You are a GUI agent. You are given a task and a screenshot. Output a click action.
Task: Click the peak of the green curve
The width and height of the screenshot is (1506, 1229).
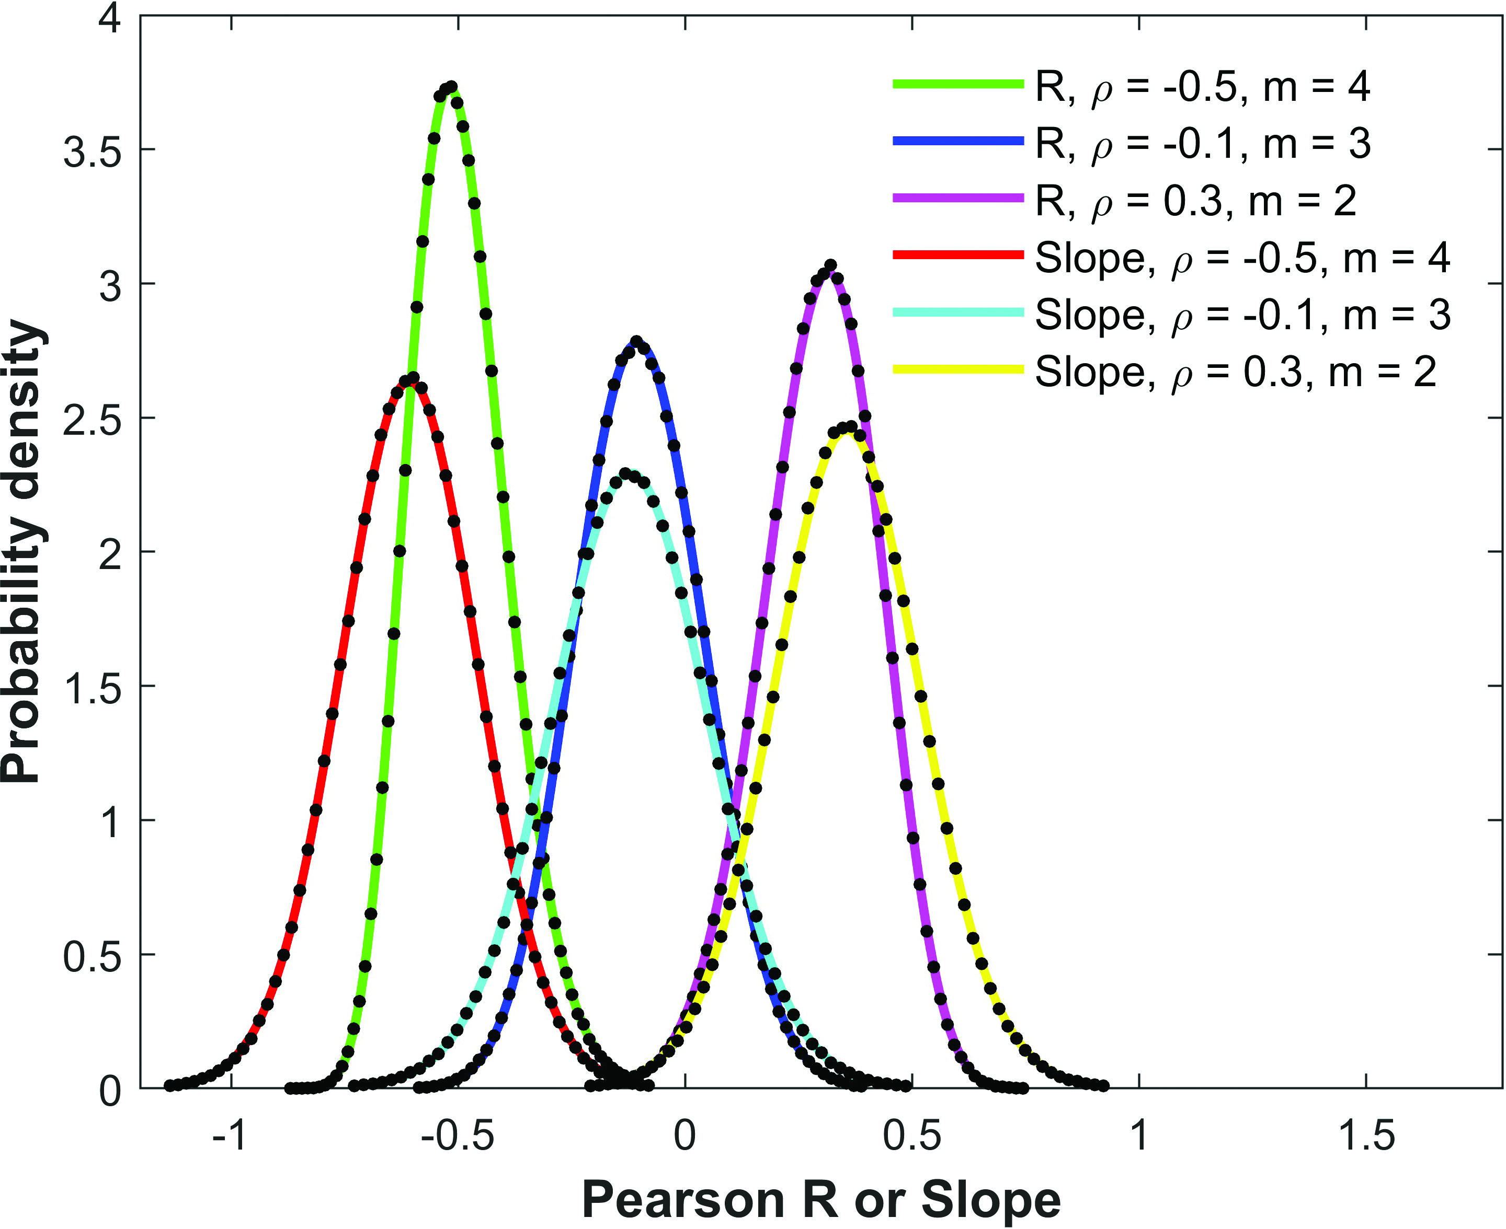click(449, 88)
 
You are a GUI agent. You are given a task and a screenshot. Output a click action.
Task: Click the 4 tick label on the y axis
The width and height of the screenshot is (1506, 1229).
click(110, 18)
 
